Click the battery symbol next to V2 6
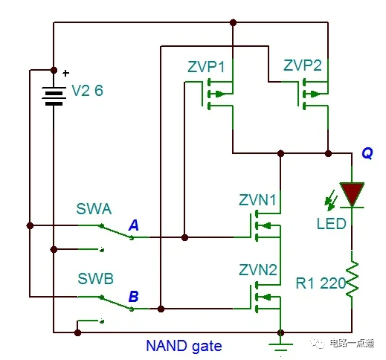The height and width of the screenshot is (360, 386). tap(54, 94)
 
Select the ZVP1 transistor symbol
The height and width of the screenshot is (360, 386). tap(216, 94)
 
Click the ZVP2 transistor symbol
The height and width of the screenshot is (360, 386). tap(311, 94)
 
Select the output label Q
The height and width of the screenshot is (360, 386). tap(367, 152)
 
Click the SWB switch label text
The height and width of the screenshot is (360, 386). tap(95, 280)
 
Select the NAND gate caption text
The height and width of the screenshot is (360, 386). tap(184, 346)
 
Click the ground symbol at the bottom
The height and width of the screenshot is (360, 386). tap(280, 346)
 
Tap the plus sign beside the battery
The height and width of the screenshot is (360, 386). tap(65, 73)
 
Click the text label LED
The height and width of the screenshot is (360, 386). tap(330, 222)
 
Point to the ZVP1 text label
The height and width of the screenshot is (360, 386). tap(208, 67)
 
